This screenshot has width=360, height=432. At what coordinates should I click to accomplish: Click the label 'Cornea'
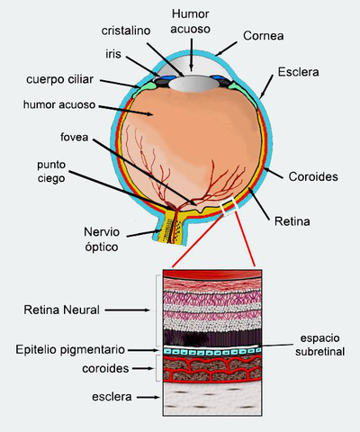(264, 37)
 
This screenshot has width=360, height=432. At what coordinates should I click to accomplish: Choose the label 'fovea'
(74, 138)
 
